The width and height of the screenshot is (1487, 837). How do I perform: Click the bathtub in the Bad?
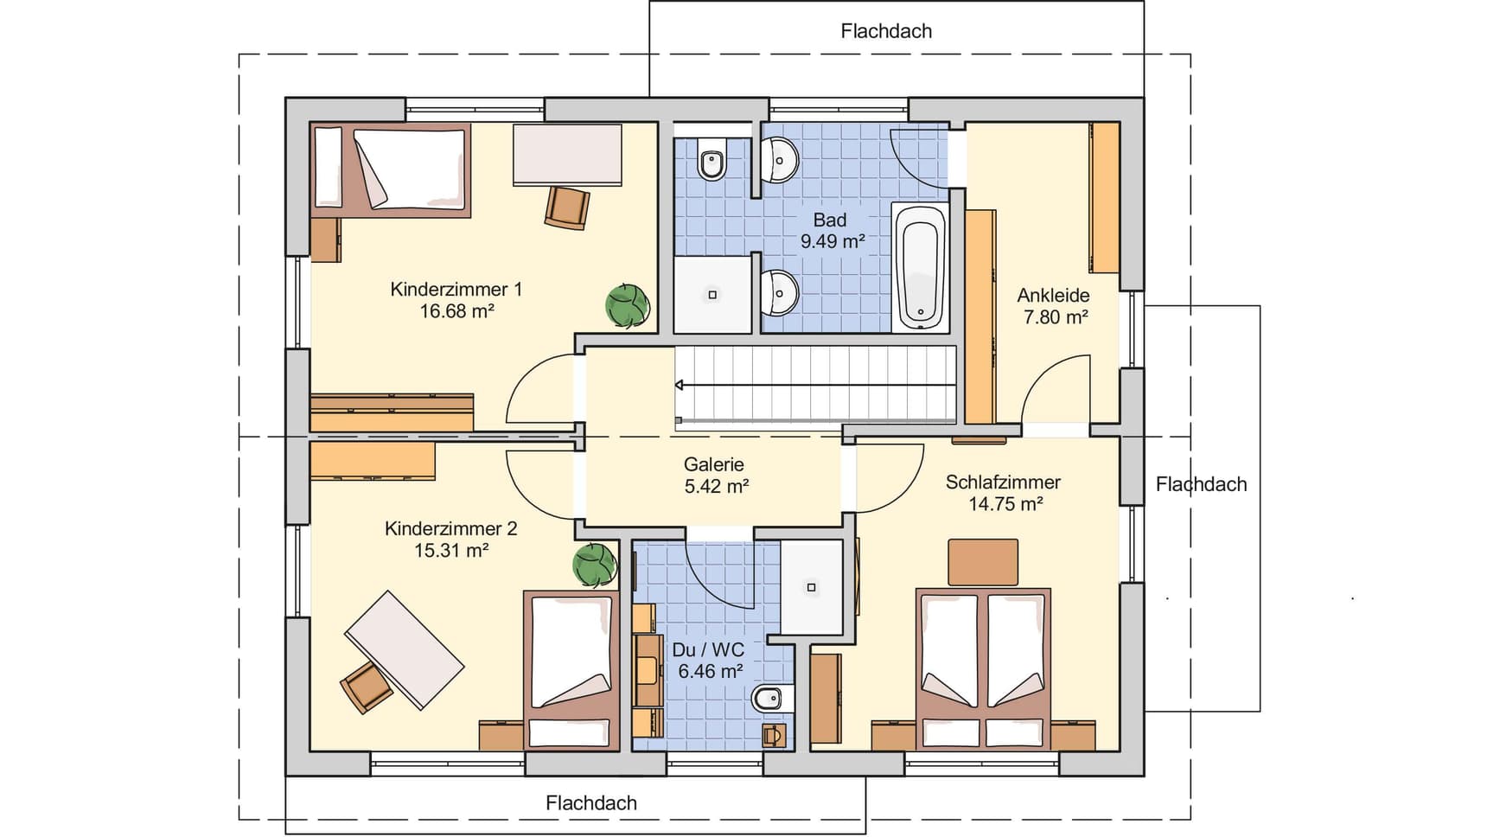(919, 268)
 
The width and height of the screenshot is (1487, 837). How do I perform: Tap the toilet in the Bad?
(712, 159)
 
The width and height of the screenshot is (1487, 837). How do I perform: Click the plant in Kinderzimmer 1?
(628, 305)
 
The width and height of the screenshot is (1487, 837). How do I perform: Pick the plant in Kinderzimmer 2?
(595, 565)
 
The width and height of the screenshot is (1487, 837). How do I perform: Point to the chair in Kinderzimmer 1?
(567, 208)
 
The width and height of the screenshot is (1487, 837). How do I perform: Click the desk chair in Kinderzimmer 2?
(367, 687)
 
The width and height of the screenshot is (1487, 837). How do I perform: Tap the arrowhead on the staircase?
(680, 385)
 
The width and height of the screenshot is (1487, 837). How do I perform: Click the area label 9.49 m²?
(833, 241)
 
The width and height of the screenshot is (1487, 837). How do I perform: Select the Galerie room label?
(714, 464)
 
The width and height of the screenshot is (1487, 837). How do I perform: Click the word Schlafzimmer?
(1003, 482)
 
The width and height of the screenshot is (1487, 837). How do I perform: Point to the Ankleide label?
(1053, 295)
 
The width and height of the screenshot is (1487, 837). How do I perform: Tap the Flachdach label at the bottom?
(591, 802)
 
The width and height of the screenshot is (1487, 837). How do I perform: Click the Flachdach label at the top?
(886, 31)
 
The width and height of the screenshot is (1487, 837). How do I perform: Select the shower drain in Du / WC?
(811, 587)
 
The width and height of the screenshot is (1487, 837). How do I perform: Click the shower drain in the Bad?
(712, 295)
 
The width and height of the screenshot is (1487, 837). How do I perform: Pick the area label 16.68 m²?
(457, 311)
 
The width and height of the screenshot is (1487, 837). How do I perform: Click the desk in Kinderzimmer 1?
(567, 155)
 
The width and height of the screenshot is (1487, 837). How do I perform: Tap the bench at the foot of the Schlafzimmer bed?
(983, 562)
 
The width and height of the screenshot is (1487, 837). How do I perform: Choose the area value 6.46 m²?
(711, 671)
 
